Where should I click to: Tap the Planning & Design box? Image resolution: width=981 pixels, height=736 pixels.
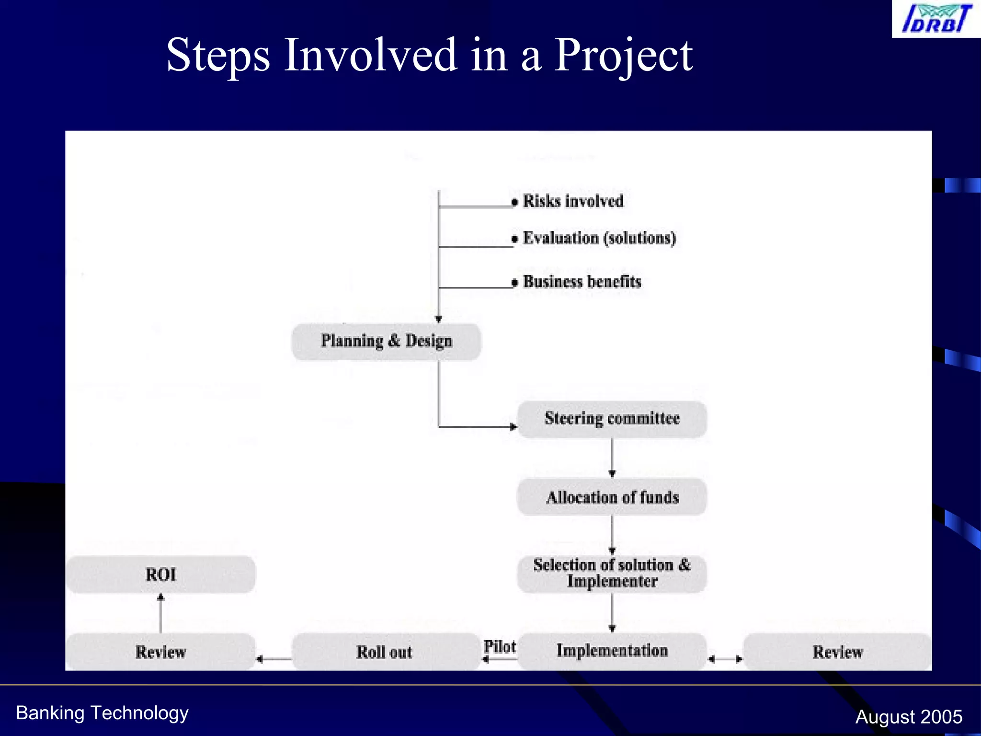coord(386,341)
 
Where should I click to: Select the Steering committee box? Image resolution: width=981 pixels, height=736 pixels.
coord(612,419)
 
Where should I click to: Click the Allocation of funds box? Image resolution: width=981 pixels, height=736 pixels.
coord(612,497)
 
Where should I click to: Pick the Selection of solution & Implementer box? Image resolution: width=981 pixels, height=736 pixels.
coord(612,574)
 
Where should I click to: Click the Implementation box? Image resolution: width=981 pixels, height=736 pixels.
coord(612,651)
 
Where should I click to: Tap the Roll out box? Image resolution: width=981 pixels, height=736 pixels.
coord(384,652)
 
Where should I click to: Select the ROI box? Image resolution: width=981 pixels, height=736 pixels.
coord(160,574)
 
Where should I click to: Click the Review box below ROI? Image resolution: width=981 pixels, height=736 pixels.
coord(160,652)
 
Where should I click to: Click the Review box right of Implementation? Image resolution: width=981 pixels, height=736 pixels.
coord(837,652)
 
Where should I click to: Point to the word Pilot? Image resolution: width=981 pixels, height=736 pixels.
coord(500,646)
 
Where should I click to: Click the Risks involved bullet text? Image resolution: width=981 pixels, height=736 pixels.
coord(573,201)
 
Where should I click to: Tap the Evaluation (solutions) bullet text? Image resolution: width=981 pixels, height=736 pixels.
coord(599,238)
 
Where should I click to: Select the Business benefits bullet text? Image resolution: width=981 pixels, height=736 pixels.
coord(582,282)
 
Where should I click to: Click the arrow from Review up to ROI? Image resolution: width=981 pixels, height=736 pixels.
coord(160,613)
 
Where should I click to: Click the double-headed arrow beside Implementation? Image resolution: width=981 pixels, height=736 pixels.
coord(725,659)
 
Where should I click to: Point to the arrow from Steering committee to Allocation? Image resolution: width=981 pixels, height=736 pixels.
coord(612,458)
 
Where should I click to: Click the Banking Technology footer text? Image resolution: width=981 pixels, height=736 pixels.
coord(102,713)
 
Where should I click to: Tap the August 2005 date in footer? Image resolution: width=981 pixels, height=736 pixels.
coord(909,717)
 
